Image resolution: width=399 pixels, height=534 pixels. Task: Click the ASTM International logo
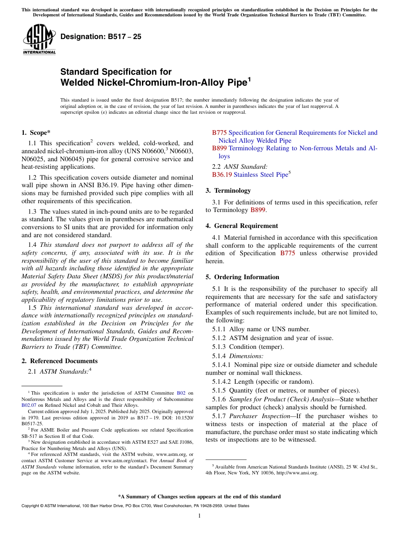coord(39,39)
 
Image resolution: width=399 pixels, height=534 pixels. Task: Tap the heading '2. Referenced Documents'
coord(59,361)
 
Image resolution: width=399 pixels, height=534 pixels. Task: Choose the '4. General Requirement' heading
coord(241,226)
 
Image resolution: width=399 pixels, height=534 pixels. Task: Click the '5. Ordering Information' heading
coord(242,277)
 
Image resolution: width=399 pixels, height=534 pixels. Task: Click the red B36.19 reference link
coord(222,175)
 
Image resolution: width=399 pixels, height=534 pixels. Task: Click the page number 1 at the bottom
coord(199,516)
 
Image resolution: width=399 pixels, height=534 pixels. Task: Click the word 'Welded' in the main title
coord(78,83)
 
